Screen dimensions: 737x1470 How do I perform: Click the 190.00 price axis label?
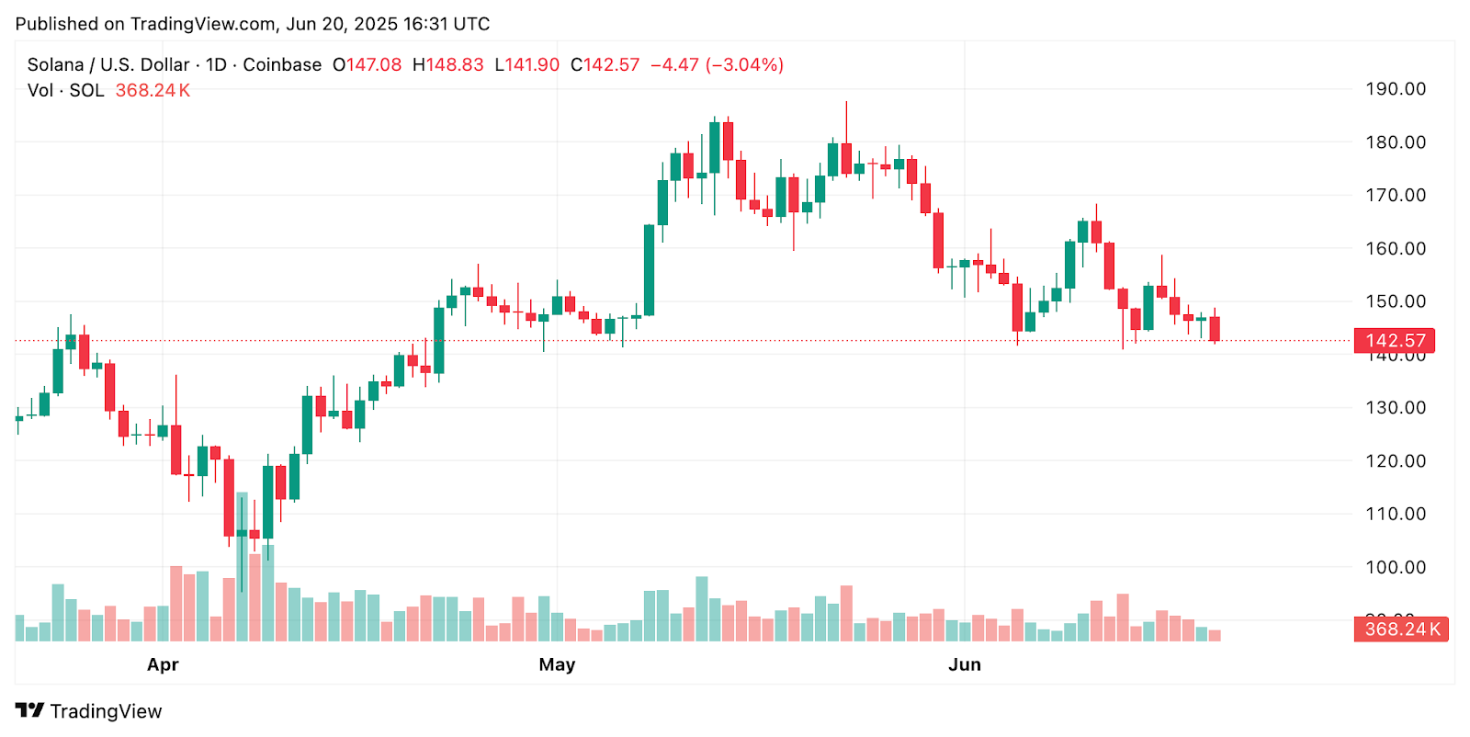(x=1395, y=89)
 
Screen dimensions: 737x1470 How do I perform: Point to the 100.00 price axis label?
(x=1395, y=567)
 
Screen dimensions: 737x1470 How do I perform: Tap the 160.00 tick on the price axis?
(x=1395, y=248)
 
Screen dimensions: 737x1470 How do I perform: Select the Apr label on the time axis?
(x=163, y=664)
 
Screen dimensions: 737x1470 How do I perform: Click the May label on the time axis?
(x=557, y=664)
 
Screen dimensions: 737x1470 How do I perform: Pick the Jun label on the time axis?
(x=965, y=664)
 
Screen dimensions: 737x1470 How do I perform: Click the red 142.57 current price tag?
(x=1395, y=341)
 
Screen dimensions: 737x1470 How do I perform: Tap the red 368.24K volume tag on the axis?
(x=1400, y=629)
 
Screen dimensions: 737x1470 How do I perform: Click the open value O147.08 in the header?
(x=367, y=65)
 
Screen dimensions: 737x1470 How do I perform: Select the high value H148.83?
(x=447, y=65)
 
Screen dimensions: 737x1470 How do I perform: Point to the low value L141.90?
(x=526, y=65)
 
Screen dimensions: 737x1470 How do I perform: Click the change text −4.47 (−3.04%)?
(x=717, y=65)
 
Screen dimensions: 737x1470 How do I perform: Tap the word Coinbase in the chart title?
(x=282, y=65)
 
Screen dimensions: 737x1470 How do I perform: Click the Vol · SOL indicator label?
(x=65, y=90)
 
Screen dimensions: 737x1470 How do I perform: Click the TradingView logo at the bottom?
(x=88, y=711)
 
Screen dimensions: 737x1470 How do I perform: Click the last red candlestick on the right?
(x=1215, y=329)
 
